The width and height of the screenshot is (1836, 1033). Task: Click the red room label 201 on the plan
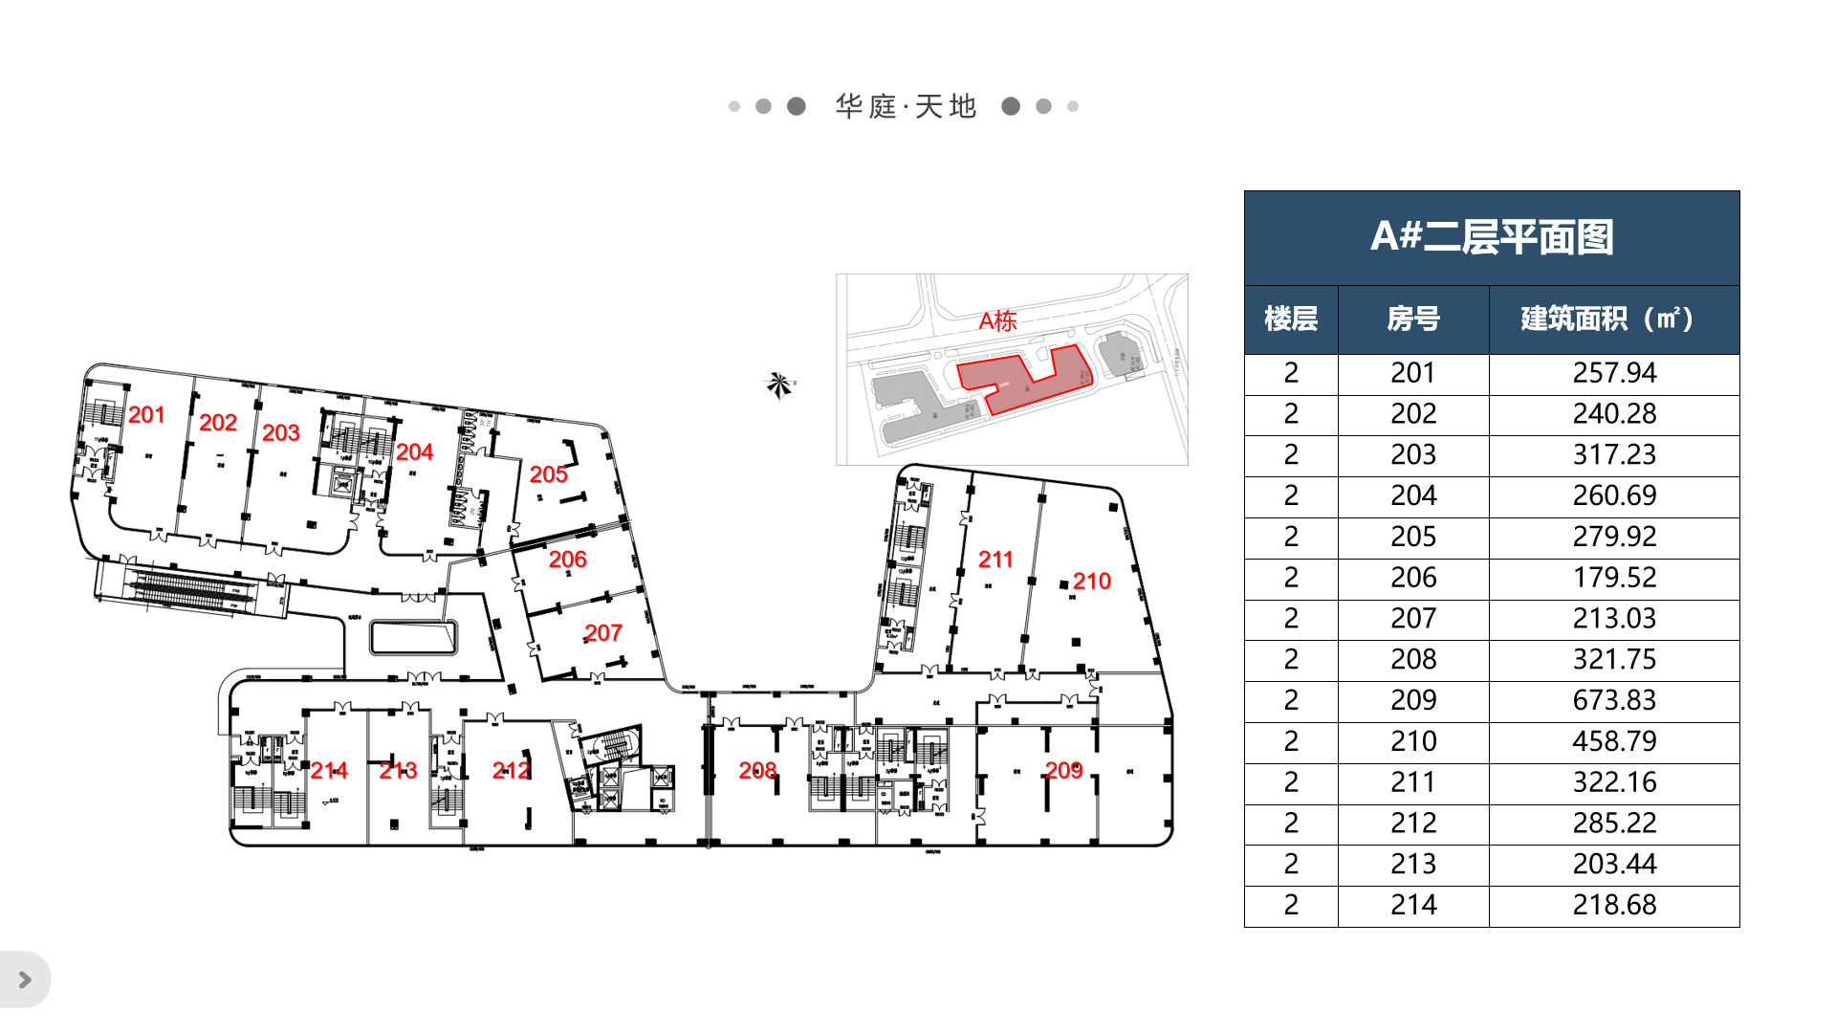[146, 415]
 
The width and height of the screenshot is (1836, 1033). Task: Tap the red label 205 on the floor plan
[548, 474]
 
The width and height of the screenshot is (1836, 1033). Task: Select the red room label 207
[603, 633]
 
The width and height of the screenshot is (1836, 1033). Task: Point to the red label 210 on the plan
[1091, 582]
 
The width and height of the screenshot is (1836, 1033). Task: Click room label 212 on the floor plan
[511, 771]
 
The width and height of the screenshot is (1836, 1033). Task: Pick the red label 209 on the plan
[1063, 771]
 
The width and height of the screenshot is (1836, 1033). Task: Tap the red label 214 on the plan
[329, 771]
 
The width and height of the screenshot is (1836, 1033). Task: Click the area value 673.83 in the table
[1613, 700]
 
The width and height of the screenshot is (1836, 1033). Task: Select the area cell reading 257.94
[1613, 373]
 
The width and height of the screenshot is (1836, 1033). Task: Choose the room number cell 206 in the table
[1412, 578]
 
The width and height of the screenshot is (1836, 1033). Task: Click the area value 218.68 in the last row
[1613, 905]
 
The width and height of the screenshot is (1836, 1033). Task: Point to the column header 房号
[1412, 319]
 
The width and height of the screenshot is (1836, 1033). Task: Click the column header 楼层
[1290, 319]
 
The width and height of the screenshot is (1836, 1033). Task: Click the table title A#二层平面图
[1491, 237]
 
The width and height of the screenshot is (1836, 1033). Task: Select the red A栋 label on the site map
[997, 321]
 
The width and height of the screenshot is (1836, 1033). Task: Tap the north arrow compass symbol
[779, 385]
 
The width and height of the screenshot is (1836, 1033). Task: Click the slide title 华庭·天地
[905, 106]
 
